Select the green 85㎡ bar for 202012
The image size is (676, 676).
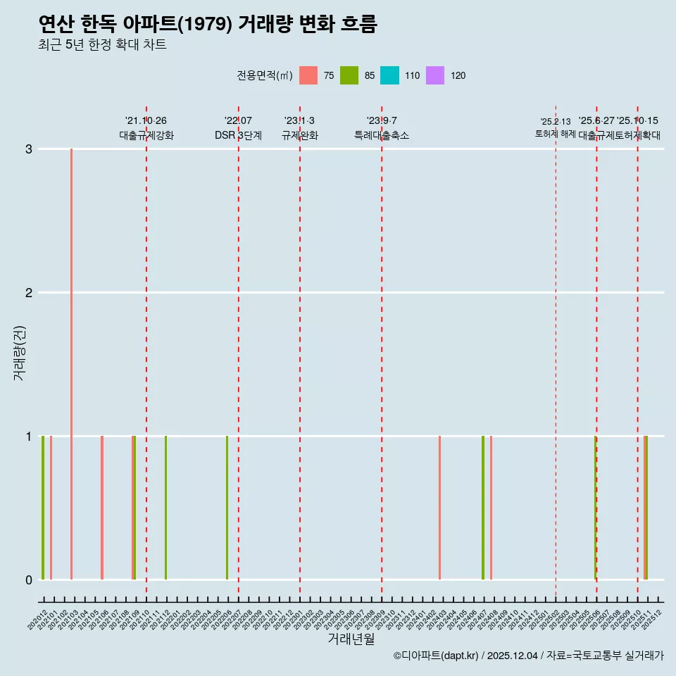click(x=43, y=507)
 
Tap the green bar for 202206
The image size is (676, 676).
click(x=227, y=507)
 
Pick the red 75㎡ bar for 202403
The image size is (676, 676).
click(x=439, y=507)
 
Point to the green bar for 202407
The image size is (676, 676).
click(x=483, y=507)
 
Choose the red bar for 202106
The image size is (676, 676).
click(x=102, y=507)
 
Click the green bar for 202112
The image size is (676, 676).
click(x=165, y=507)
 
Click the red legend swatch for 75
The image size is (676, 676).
click(x=308, y=75)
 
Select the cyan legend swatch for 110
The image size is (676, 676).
click(x=389, y=75)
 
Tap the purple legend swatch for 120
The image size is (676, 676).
click(x=435, y=75)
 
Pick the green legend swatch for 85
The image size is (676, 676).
click(x=349, y=75)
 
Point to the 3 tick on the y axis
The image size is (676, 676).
click(x=29, y=149)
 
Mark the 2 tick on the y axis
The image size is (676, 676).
click(x=29, y=293)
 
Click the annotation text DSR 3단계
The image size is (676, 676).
click(x=238, y=136)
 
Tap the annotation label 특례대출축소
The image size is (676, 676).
click(x=382, y=136)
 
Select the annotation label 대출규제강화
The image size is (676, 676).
click(x=146, y=136)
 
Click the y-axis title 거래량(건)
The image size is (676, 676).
click(x=20, y=352)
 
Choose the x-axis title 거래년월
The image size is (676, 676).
click(x=351, y=639)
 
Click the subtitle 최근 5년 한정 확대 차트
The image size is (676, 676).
click(x=103, y=45)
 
